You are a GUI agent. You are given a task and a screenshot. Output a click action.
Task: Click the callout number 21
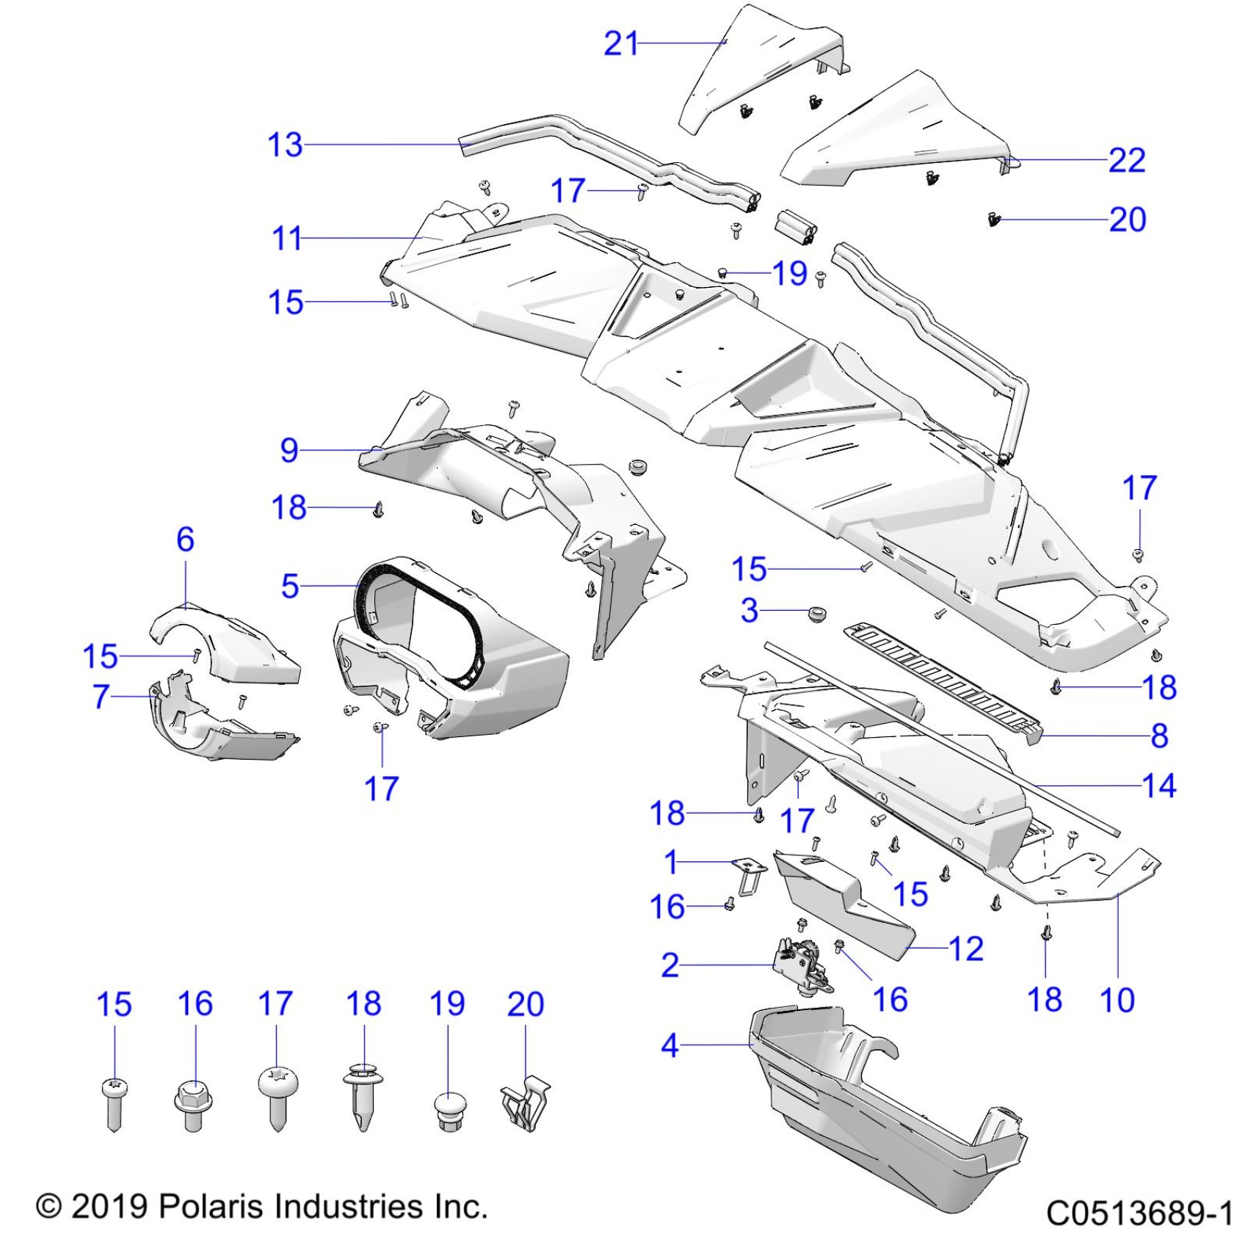coord(621,44)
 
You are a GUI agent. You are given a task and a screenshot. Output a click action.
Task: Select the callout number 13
coord(285,145)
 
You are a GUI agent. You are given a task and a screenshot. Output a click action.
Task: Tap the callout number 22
coord(1126,161)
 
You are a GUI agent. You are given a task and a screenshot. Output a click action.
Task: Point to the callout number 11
coord(287,239)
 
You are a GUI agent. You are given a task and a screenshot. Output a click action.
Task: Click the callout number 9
coord(289,450)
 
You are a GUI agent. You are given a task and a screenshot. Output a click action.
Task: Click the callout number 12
coord(966,949)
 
